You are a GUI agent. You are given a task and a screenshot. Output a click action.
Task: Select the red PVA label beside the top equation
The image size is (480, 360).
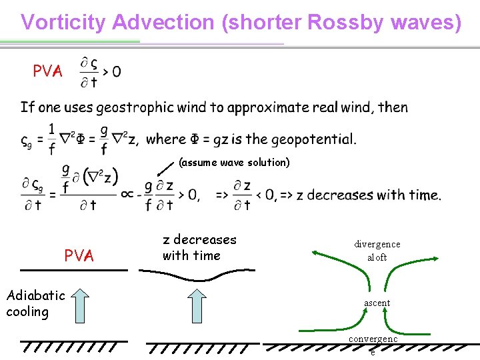pos(48,71)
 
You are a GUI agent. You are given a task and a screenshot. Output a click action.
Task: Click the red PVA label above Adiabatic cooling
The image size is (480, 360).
pos(79,255)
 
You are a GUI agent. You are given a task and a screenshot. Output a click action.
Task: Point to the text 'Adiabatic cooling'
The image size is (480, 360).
pos(35,303)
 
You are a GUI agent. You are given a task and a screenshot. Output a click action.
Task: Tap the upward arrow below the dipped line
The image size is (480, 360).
pos(198,305)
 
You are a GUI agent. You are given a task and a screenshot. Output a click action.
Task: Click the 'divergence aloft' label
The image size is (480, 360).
pos(377,251)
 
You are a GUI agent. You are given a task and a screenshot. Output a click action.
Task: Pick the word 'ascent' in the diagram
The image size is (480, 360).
pos(377,303)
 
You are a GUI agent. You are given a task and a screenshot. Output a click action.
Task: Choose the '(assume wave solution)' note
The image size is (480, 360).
pos(234,162)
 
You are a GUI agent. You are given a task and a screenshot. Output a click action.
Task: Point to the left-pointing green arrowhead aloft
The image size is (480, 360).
pos(315,252)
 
